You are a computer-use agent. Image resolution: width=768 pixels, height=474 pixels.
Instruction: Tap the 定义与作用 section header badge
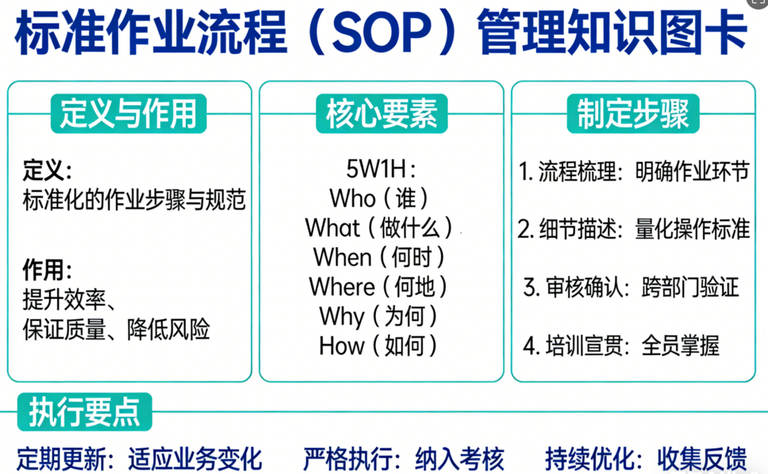128,113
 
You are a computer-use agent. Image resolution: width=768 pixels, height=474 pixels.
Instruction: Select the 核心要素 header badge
382,113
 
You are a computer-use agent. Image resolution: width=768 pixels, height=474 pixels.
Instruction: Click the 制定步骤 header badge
633,113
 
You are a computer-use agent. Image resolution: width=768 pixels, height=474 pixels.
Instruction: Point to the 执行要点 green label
84,412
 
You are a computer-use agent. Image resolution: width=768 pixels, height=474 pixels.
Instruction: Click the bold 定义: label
47,171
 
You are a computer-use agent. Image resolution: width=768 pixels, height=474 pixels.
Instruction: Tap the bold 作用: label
47,270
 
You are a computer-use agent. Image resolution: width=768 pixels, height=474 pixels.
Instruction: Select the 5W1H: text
381,169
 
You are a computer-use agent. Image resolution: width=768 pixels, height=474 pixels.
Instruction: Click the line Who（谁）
379,198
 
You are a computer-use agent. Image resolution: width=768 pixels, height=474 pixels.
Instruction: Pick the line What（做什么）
379,228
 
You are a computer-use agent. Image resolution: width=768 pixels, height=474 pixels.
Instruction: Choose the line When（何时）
379,257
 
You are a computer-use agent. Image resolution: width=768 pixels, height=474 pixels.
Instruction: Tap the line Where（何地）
378,287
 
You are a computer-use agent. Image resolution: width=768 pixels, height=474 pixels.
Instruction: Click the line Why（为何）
378,316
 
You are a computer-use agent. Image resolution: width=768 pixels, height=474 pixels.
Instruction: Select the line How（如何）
378,346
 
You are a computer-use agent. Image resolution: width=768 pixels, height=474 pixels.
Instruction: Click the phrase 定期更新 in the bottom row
61,459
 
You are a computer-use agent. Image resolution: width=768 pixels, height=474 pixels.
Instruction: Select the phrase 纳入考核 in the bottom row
459,459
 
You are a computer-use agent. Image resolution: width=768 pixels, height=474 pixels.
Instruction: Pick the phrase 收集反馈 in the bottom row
702,459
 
